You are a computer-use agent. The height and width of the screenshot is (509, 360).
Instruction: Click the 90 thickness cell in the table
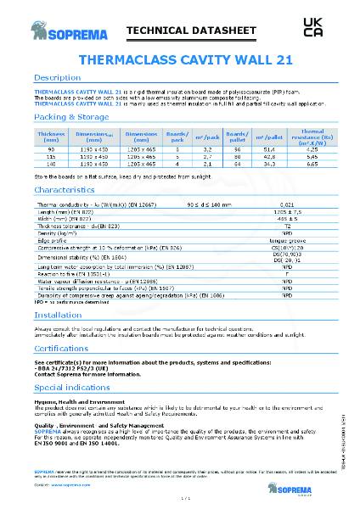tap(52, 149)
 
